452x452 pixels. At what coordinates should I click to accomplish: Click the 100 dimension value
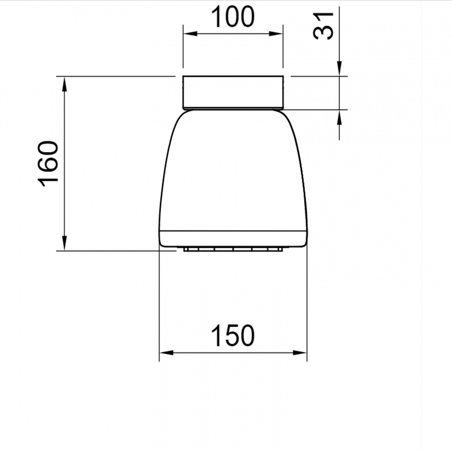pyautogui.click(x=233, y=17)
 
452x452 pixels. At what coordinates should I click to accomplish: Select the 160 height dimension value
pyautogui.click(x=48, y=163)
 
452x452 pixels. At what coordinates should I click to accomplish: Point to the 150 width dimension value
pyautogui.click(x=233, y=336)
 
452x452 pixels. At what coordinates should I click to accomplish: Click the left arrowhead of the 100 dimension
pyautogui.click(x=190, y=34)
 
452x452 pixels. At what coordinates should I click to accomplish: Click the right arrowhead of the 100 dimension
pyautogui.click(x=276, y=34)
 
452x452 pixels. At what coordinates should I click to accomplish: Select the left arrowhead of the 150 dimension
pyautogui.click(x=166, y=353)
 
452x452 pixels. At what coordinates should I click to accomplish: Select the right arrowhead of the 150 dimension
pyautogui.click(x=300, y=353)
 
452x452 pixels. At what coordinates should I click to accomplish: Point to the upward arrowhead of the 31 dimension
pyautogui.click(x=339, y=118)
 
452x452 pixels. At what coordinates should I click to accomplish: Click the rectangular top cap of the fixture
pyautogui.click(x=233, y=91)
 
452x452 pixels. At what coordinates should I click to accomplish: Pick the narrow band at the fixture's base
pyautogui.click(x=233, y=239)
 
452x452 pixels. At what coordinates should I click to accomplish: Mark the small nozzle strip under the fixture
pyautogui.click(x=233, y=249)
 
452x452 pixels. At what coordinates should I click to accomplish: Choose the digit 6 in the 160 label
pyautogui.click(x=48, y=163)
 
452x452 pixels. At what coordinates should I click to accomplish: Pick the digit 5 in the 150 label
pyautogui.click(x=233, y=336)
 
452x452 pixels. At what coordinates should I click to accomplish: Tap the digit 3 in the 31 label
pyautogui.click(x=323, y=32)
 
